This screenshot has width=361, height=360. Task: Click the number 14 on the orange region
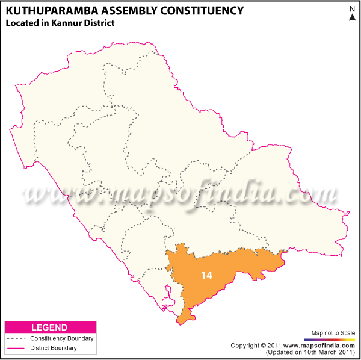206,275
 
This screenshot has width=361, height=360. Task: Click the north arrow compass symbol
352,18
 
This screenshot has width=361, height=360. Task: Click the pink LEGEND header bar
49,327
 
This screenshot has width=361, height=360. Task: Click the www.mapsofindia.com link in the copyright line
319,346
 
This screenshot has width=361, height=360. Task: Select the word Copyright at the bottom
245,346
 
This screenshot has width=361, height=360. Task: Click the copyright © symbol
264,346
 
